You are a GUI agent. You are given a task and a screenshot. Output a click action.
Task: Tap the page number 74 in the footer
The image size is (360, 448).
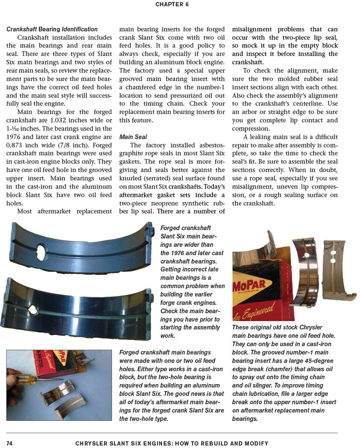pos(9,443)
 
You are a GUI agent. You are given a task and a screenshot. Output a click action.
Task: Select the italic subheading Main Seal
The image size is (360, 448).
pos(133,137)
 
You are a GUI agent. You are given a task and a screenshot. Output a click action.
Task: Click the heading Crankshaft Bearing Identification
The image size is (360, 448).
pos(52,29)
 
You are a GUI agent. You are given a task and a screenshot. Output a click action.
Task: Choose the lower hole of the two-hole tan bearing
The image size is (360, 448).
pos(333,261)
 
